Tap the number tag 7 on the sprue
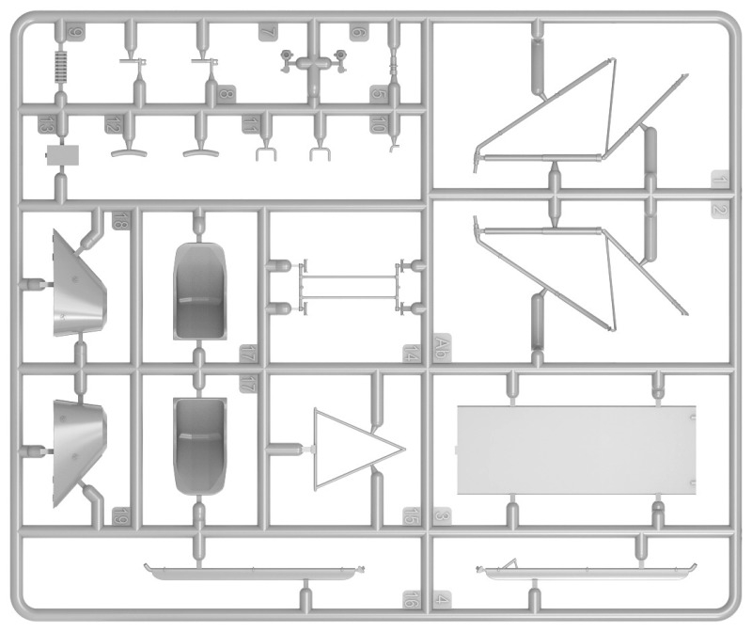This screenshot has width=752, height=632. tap(268, 32)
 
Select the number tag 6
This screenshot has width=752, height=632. tap(358, 32)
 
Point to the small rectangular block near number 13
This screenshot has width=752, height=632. tap(63, 154)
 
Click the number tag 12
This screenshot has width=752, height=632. tap(113, 123)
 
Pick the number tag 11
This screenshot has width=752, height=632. tap(249, 123)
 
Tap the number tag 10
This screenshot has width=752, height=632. tap(378, 123)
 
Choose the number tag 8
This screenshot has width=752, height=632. tap(225, 94)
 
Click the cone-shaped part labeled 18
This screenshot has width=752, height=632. tap(79, 282)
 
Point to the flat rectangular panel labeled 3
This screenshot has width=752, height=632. tap(576, 449)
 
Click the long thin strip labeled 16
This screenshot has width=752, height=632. tap(253, 570)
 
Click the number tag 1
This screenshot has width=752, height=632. tap(719, 180)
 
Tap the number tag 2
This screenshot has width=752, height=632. tap(719, 212)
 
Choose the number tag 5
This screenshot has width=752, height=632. tap(378, 94)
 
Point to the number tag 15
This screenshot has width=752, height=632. tap(411, 516)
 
